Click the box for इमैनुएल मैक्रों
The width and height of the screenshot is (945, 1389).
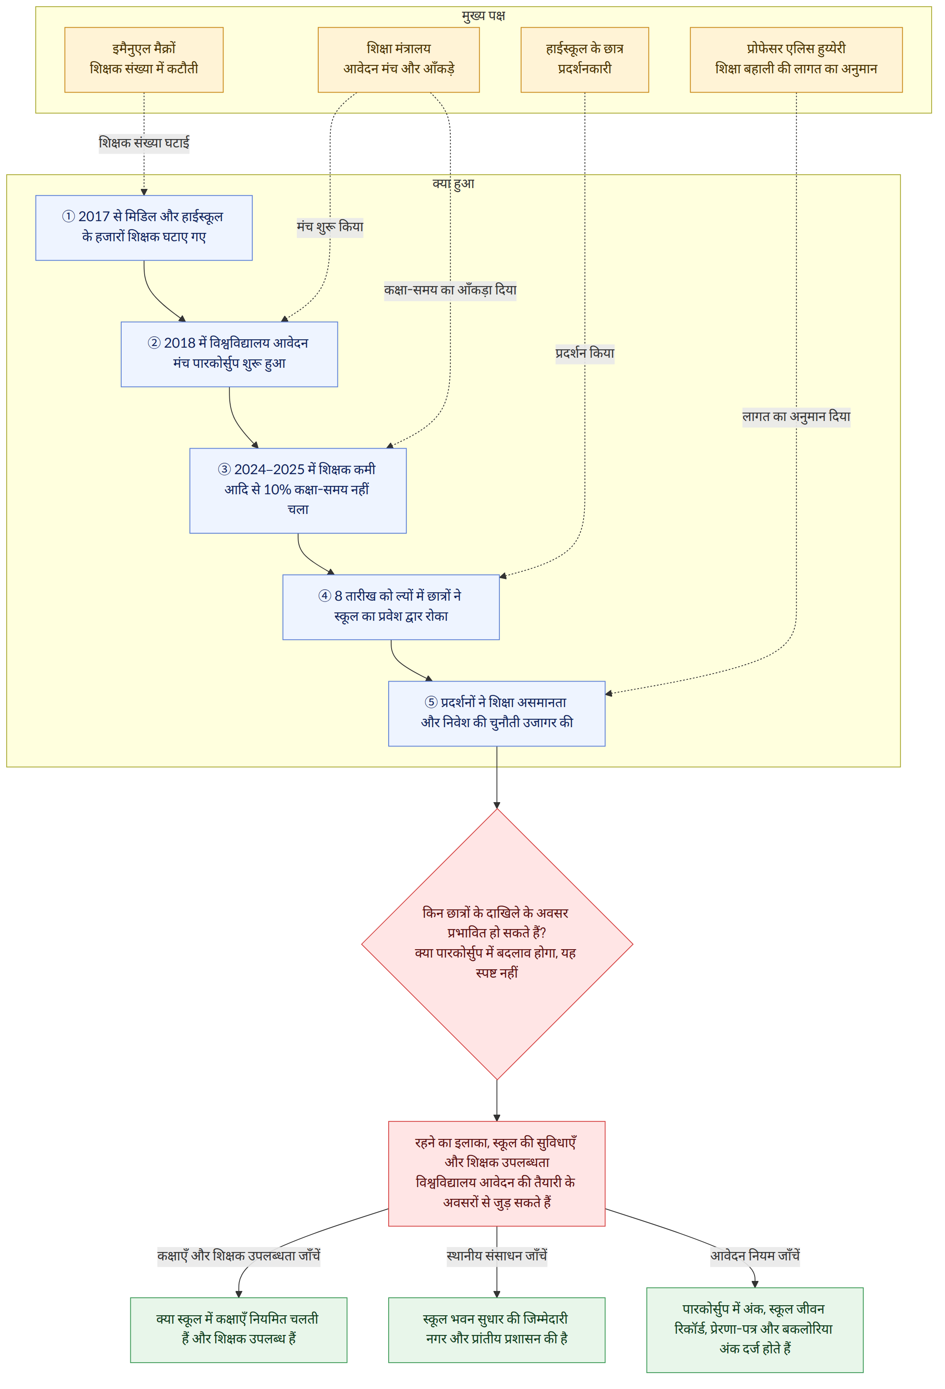pos(143,60)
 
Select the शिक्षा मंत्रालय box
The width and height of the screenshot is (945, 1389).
pos(398,60)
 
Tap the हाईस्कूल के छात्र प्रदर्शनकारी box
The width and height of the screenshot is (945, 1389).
pos(584,60)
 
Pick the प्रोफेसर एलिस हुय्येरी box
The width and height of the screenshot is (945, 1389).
pos(796,60)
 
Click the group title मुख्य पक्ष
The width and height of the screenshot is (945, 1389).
pos(483,15)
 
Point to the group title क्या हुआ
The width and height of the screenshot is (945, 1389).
pos(453,183)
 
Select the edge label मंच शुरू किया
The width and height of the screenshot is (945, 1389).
pos(330,227)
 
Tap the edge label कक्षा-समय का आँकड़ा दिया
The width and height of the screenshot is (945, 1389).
pos(450,290)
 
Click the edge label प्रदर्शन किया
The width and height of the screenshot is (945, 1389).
pos(585,353)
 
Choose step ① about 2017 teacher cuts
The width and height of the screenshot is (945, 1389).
pos(143,228)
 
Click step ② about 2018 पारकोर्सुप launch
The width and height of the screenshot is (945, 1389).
pos(229,354)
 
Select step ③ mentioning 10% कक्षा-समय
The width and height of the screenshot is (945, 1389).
pos(298,491)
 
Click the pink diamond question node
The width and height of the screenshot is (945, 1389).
pos(497,944)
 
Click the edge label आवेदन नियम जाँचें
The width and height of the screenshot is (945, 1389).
pos(755,1255)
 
